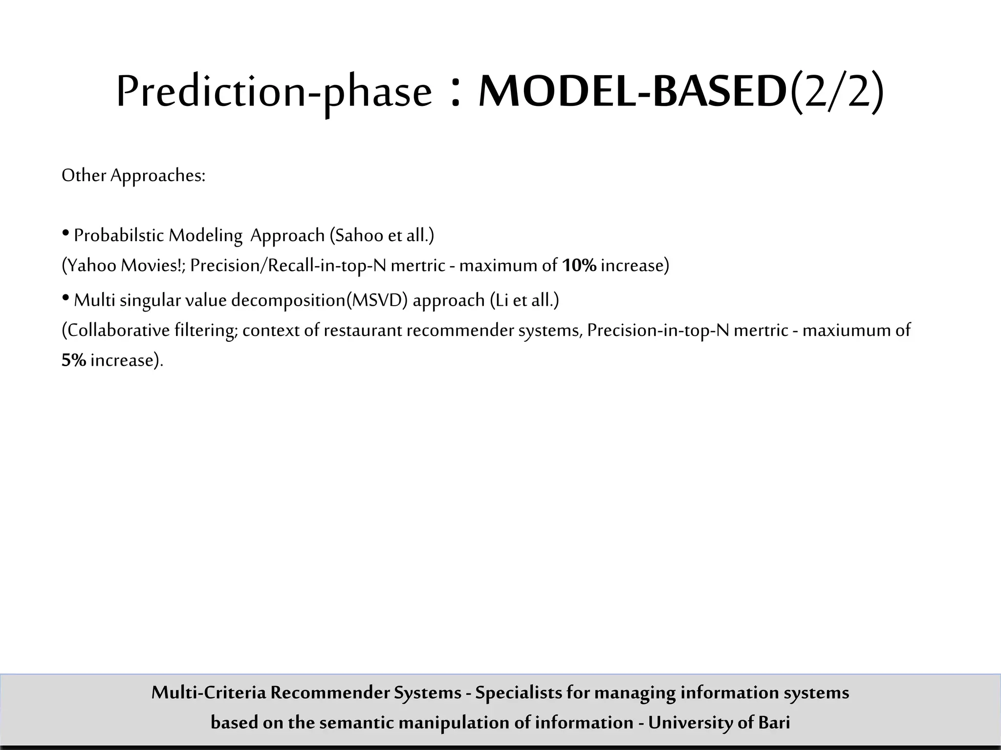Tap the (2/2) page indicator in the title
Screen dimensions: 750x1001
pos(836,92)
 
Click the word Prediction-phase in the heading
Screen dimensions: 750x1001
pos(274,92)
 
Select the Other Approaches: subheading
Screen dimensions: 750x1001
pos(133,175)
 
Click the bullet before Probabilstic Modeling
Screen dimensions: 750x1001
pos(65,234)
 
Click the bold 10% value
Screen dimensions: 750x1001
pos(579,266)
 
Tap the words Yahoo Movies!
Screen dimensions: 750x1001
pos(124,266)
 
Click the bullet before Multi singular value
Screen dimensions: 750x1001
pos(65,298)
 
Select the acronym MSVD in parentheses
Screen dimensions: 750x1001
pos(377,300)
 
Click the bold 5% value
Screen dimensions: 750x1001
pos(74,360)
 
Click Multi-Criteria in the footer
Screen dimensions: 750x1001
pos(209,692)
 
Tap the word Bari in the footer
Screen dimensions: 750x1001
pos(774,722)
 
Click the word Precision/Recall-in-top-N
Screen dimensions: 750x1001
pos(288,266)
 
